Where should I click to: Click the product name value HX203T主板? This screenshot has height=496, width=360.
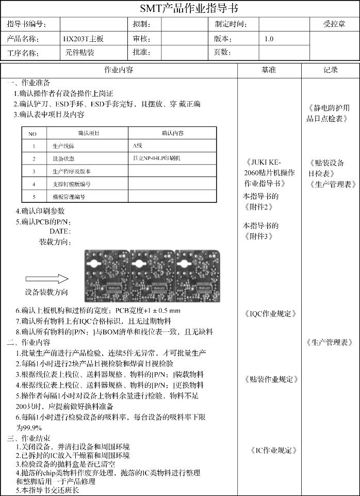83,39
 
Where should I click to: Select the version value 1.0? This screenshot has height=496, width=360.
269,39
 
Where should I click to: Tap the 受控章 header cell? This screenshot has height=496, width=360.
334,24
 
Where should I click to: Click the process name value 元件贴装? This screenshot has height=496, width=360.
79,53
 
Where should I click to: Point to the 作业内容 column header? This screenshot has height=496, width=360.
119,70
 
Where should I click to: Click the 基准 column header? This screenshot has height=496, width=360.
269,70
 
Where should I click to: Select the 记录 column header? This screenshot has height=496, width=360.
330,70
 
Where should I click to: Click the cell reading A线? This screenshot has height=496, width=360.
137,146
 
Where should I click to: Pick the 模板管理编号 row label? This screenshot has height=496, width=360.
69,197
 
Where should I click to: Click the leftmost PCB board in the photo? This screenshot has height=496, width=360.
107,274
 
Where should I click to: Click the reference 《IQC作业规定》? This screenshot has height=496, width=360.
270,313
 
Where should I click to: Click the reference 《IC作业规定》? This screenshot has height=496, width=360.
273,450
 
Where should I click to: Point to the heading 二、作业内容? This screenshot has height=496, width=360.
29,342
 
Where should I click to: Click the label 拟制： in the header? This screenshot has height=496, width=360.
142,24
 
